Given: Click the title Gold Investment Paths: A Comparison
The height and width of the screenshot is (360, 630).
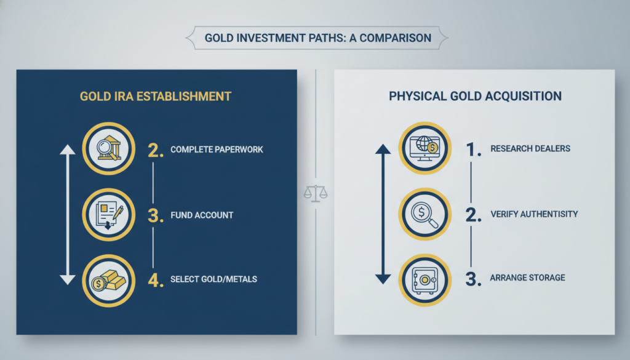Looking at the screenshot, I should [x=317, y=38].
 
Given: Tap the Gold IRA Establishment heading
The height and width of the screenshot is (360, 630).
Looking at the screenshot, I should [x=156, y=97].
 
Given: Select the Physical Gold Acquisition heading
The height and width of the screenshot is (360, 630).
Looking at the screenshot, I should [x=474, y=97].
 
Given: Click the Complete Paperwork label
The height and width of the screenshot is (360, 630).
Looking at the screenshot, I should [x=217, y=150].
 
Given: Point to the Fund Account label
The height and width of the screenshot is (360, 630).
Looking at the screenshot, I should [x=201, y=215].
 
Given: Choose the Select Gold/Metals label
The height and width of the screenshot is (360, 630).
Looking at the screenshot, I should [x=213, y=279].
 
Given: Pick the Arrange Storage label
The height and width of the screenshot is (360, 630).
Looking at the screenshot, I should [x=527, y=278].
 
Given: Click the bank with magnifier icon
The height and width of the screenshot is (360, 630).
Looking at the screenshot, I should [x=108, y=150].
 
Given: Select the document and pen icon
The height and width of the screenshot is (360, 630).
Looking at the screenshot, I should [x=108, y=215].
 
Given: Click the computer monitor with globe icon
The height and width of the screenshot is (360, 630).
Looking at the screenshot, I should [x=425, y=149].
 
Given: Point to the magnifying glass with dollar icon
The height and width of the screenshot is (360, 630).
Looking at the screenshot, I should [x=425, y=214].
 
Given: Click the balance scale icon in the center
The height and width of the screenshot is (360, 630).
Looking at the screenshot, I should [x=316, y=191].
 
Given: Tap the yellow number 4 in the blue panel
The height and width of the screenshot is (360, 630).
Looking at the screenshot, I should [x=156, y=279].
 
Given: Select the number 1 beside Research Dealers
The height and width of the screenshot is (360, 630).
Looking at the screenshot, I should [x=472, y=150].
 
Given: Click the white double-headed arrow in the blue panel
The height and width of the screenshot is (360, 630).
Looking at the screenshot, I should [x=67, y=215].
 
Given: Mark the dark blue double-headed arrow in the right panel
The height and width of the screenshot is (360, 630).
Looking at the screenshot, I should [x=382, y=214].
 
